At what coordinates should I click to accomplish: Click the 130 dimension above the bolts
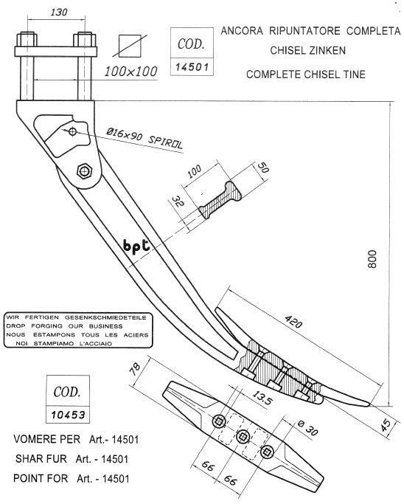point(59,13)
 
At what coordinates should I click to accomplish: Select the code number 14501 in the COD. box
point(192,67)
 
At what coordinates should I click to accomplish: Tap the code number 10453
point(68,415)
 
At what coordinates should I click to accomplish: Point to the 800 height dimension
point(372,259)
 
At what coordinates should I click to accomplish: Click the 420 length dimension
point(293,322)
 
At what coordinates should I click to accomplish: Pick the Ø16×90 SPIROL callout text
point(144,137)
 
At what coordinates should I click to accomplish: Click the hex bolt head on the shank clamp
point(85,170)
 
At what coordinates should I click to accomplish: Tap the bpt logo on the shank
point(136,246)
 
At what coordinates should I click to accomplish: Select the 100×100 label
point(131,72)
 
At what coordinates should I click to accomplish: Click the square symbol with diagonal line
point(130,46)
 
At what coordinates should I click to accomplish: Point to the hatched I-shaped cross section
point(220,200)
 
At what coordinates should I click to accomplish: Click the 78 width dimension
point(135,369)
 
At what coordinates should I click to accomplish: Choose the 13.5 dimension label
point(262,398)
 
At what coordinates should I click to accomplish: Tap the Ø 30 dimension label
point(307,429)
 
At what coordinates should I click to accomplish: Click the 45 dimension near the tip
point(386,424)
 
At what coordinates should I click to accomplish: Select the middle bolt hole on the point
point(242,436)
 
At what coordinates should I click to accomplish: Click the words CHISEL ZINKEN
point(307,50)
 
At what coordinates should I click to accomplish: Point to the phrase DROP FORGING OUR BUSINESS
point(64,326)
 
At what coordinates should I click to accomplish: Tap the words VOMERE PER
point(47,439)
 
